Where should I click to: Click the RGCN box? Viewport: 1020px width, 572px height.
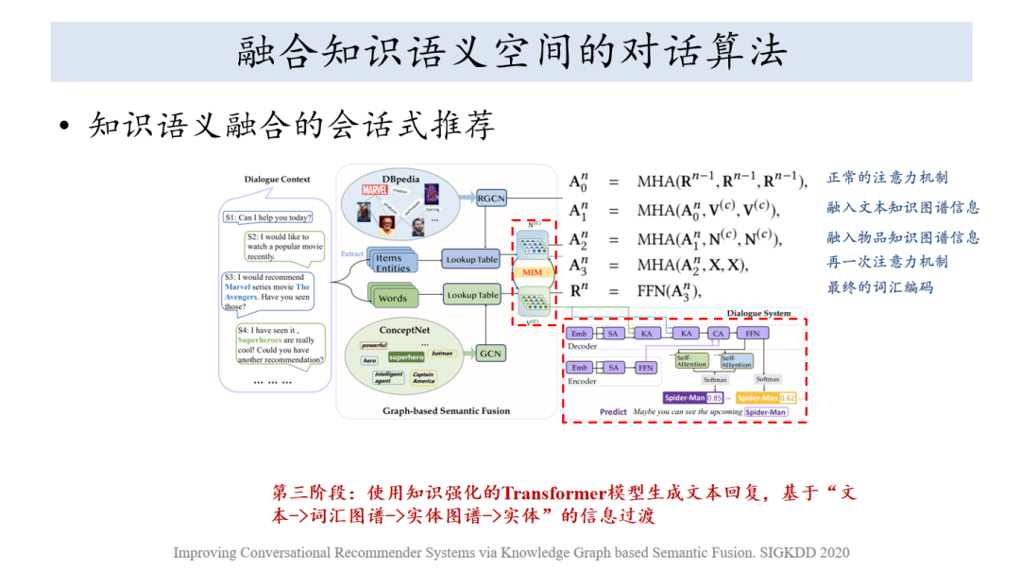[x=491, y=199]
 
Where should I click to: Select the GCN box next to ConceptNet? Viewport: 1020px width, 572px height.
[x=490, y=354]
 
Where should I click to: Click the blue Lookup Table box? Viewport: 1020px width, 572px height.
[x=472, y=259]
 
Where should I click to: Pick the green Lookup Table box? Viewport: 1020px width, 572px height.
[x=472, y=295]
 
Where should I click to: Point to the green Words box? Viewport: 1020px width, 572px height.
[x=392, y=298]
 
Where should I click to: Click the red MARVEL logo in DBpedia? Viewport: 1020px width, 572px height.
[x=375, y=189]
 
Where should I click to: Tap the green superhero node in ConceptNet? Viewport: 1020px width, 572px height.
[x=406, y=357]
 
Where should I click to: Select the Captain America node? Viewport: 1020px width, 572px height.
[x=422, y=377]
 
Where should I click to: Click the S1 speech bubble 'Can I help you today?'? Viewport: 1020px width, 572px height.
[x=267, y=217]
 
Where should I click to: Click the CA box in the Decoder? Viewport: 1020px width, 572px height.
[x=718, y=334]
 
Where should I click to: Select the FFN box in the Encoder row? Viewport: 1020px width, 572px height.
[x=646, y=367]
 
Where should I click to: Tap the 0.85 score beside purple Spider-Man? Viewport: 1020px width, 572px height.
[x=715, y=398]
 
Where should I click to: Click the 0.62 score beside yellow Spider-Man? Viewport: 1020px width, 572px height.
[x=787, y=398]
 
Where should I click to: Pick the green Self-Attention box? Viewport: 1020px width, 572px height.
[x=691, y=361]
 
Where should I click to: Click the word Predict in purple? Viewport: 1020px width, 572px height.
[x=613, y=412]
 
